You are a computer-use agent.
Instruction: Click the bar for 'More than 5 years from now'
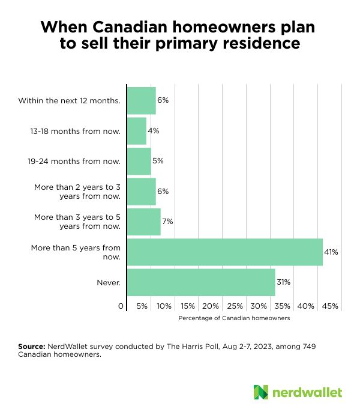click(225, 252)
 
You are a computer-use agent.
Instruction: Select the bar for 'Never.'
click(201, 282)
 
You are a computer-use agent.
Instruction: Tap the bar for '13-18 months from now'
click(137, 131)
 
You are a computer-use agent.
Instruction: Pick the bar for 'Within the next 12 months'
click(142, 100)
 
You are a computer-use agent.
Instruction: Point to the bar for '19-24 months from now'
click(139, 161)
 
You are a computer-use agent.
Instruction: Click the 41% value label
click(331, 252)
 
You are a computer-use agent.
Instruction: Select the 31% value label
click(283, 282)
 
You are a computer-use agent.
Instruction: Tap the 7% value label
click(167, 222)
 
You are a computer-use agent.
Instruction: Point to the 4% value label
click(153, 131)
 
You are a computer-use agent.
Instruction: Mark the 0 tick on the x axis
click(121, 306)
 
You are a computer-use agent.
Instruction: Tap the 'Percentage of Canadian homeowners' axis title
click(234, 318)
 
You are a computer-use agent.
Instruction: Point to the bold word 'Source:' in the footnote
click(32, 347)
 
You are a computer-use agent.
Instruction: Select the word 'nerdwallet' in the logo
click(307, 392)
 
